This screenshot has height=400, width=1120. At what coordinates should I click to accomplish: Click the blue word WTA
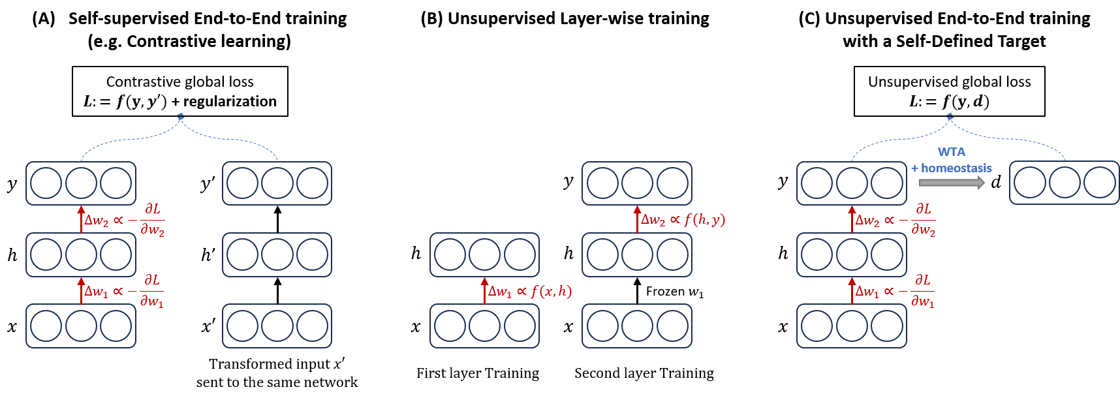(x=951, y=152)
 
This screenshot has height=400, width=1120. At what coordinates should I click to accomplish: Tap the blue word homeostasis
(x=956, y=168)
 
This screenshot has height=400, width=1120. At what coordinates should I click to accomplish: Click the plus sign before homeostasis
(x=914, y=168)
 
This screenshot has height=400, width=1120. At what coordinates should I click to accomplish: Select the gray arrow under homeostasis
(x=952, y=183)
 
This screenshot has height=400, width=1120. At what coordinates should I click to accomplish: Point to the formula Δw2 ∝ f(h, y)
(x=683, y=220)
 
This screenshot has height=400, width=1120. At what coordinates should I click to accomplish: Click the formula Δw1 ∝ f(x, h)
(x=530, y=291)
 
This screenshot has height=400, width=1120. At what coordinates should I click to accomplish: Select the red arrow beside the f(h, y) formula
(x=638, y=219)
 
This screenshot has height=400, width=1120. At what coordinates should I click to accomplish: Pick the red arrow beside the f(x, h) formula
(x=484, y=290)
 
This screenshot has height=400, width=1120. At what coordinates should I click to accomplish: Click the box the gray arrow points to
(x=1064, y=183)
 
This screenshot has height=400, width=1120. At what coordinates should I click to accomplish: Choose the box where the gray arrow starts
(x=851, y=183)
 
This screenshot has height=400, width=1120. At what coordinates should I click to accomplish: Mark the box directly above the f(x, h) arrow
(x=484, y=254)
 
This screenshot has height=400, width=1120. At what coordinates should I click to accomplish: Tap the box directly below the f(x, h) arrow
(x=484, y=326)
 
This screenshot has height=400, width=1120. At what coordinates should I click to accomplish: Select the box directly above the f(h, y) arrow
(x=637, y=183)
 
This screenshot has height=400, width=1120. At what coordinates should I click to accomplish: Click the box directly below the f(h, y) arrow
(x=637, y=254)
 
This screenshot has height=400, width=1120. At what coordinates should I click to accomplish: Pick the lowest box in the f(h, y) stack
(x=637, y=326)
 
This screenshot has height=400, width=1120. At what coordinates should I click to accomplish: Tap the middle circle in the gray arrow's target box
(x=1064, y=183)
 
